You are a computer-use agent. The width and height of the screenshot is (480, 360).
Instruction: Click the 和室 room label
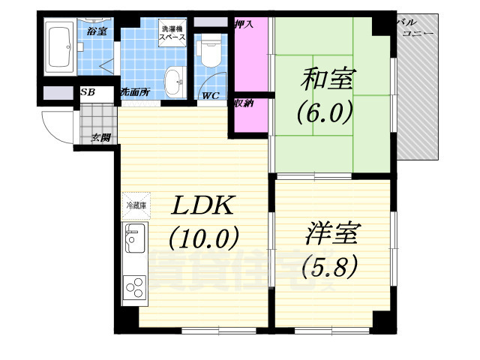pos(330,78)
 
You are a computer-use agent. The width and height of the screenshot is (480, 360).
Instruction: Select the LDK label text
pos(202,205)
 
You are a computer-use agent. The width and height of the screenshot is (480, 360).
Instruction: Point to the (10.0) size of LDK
pos(203,238)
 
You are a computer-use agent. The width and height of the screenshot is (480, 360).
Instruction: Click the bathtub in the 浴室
pos(58,49)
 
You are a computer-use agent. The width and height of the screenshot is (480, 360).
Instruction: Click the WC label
pos(210,96)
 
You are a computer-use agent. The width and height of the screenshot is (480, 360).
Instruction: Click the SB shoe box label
pos(87,93)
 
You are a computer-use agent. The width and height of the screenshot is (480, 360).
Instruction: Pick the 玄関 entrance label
pos(100,137)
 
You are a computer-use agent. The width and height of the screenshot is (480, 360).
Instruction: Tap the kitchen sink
pos(136,239)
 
